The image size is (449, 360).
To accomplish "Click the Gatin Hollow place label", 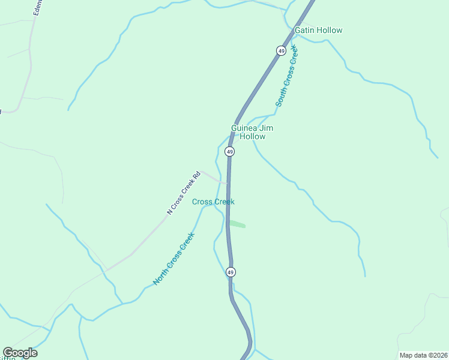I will coord(318,30).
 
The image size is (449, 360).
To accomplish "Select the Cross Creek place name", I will coord(213,202).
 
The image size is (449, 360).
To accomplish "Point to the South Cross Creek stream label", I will coord(287,78).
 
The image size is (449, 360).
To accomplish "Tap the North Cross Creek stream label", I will coord(173,259).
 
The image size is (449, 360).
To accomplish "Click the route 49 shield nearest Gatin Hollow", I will coord(281,51).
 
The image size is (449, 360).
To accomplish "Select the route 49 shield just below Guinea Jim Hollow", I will coord(230,152).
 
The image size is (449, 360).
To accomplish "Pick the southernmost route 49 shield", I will coord(231,272).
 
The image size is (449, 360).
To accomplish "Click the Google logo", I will coord(20,353).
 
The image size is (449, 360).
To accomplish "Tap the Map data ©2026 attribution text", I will coord(423,355).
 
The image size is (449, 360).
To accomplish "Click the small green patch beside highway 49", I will coord(237,224).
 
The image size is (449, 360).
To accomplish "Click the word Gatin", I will coord(304,30).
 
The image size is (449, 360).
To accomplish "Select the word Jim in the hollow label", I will coord(267,128).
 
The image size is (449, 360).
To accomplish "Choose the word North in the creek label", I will coord(160,276).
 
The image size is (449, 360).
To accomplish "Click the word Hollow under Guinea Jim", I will coord(252,137).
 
